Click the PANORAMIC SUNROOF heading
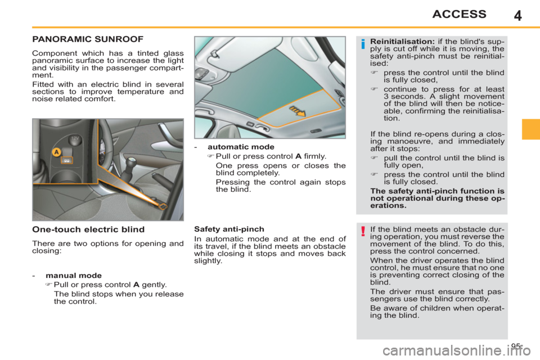[88, 39]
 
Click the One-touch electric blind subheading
[88, 229]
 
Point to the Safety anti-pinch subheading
[222, 229]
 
